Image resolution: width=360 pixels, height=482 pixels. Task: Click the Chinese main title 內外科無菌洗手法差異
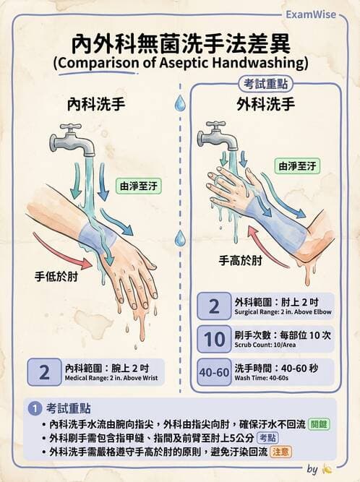pos(179,42)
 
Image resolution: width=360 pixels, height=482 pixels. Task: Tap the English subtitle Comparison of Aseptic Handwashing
pos(180,62)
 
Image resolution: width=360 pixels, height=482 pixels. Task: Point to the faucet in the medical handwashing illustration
pos(72,139)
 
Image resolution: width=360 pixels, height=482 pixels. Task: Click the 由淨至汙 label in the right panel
pos(297,165)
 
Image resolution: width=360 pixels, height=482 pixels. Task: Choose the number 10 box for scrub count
pos(213,339)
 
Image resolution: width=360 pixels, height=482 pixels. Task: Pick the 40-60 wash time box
pos(213,373)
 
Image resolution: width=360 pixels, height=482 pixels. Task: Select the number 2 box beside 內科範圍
pos(45,372)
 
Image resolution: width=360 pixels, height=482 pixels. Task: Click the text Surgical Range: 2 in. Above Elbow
pos(279,314)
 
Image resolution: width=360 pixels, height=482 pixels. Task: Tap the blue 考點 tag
pos(267,438)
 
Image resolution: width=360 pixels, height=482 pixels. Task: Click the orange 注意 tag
pos(304,451)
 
